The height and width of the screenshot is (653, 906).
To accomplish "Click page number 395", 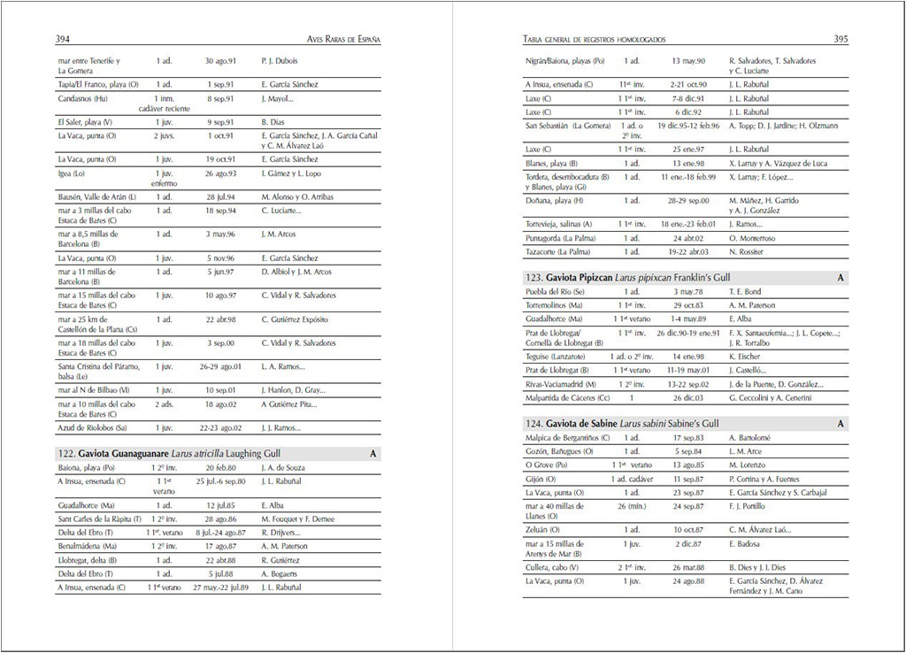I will coord(841,39).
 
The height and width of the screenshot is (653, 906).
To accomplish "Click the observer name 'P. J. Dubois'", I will coord(280,61).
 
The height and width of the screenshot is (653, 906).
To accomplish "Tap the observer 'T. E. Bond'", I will coord(745,291).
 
